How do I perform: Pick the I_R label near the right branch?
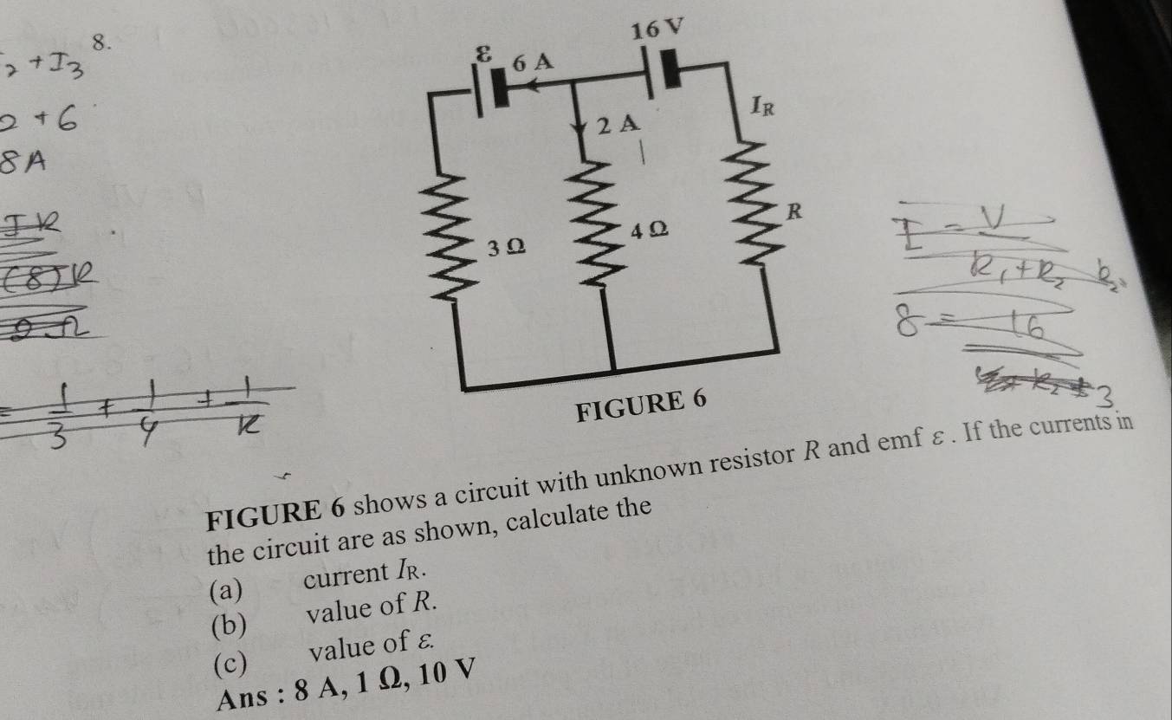(763, 108)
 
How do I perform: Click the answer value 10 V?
(435, 672)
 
